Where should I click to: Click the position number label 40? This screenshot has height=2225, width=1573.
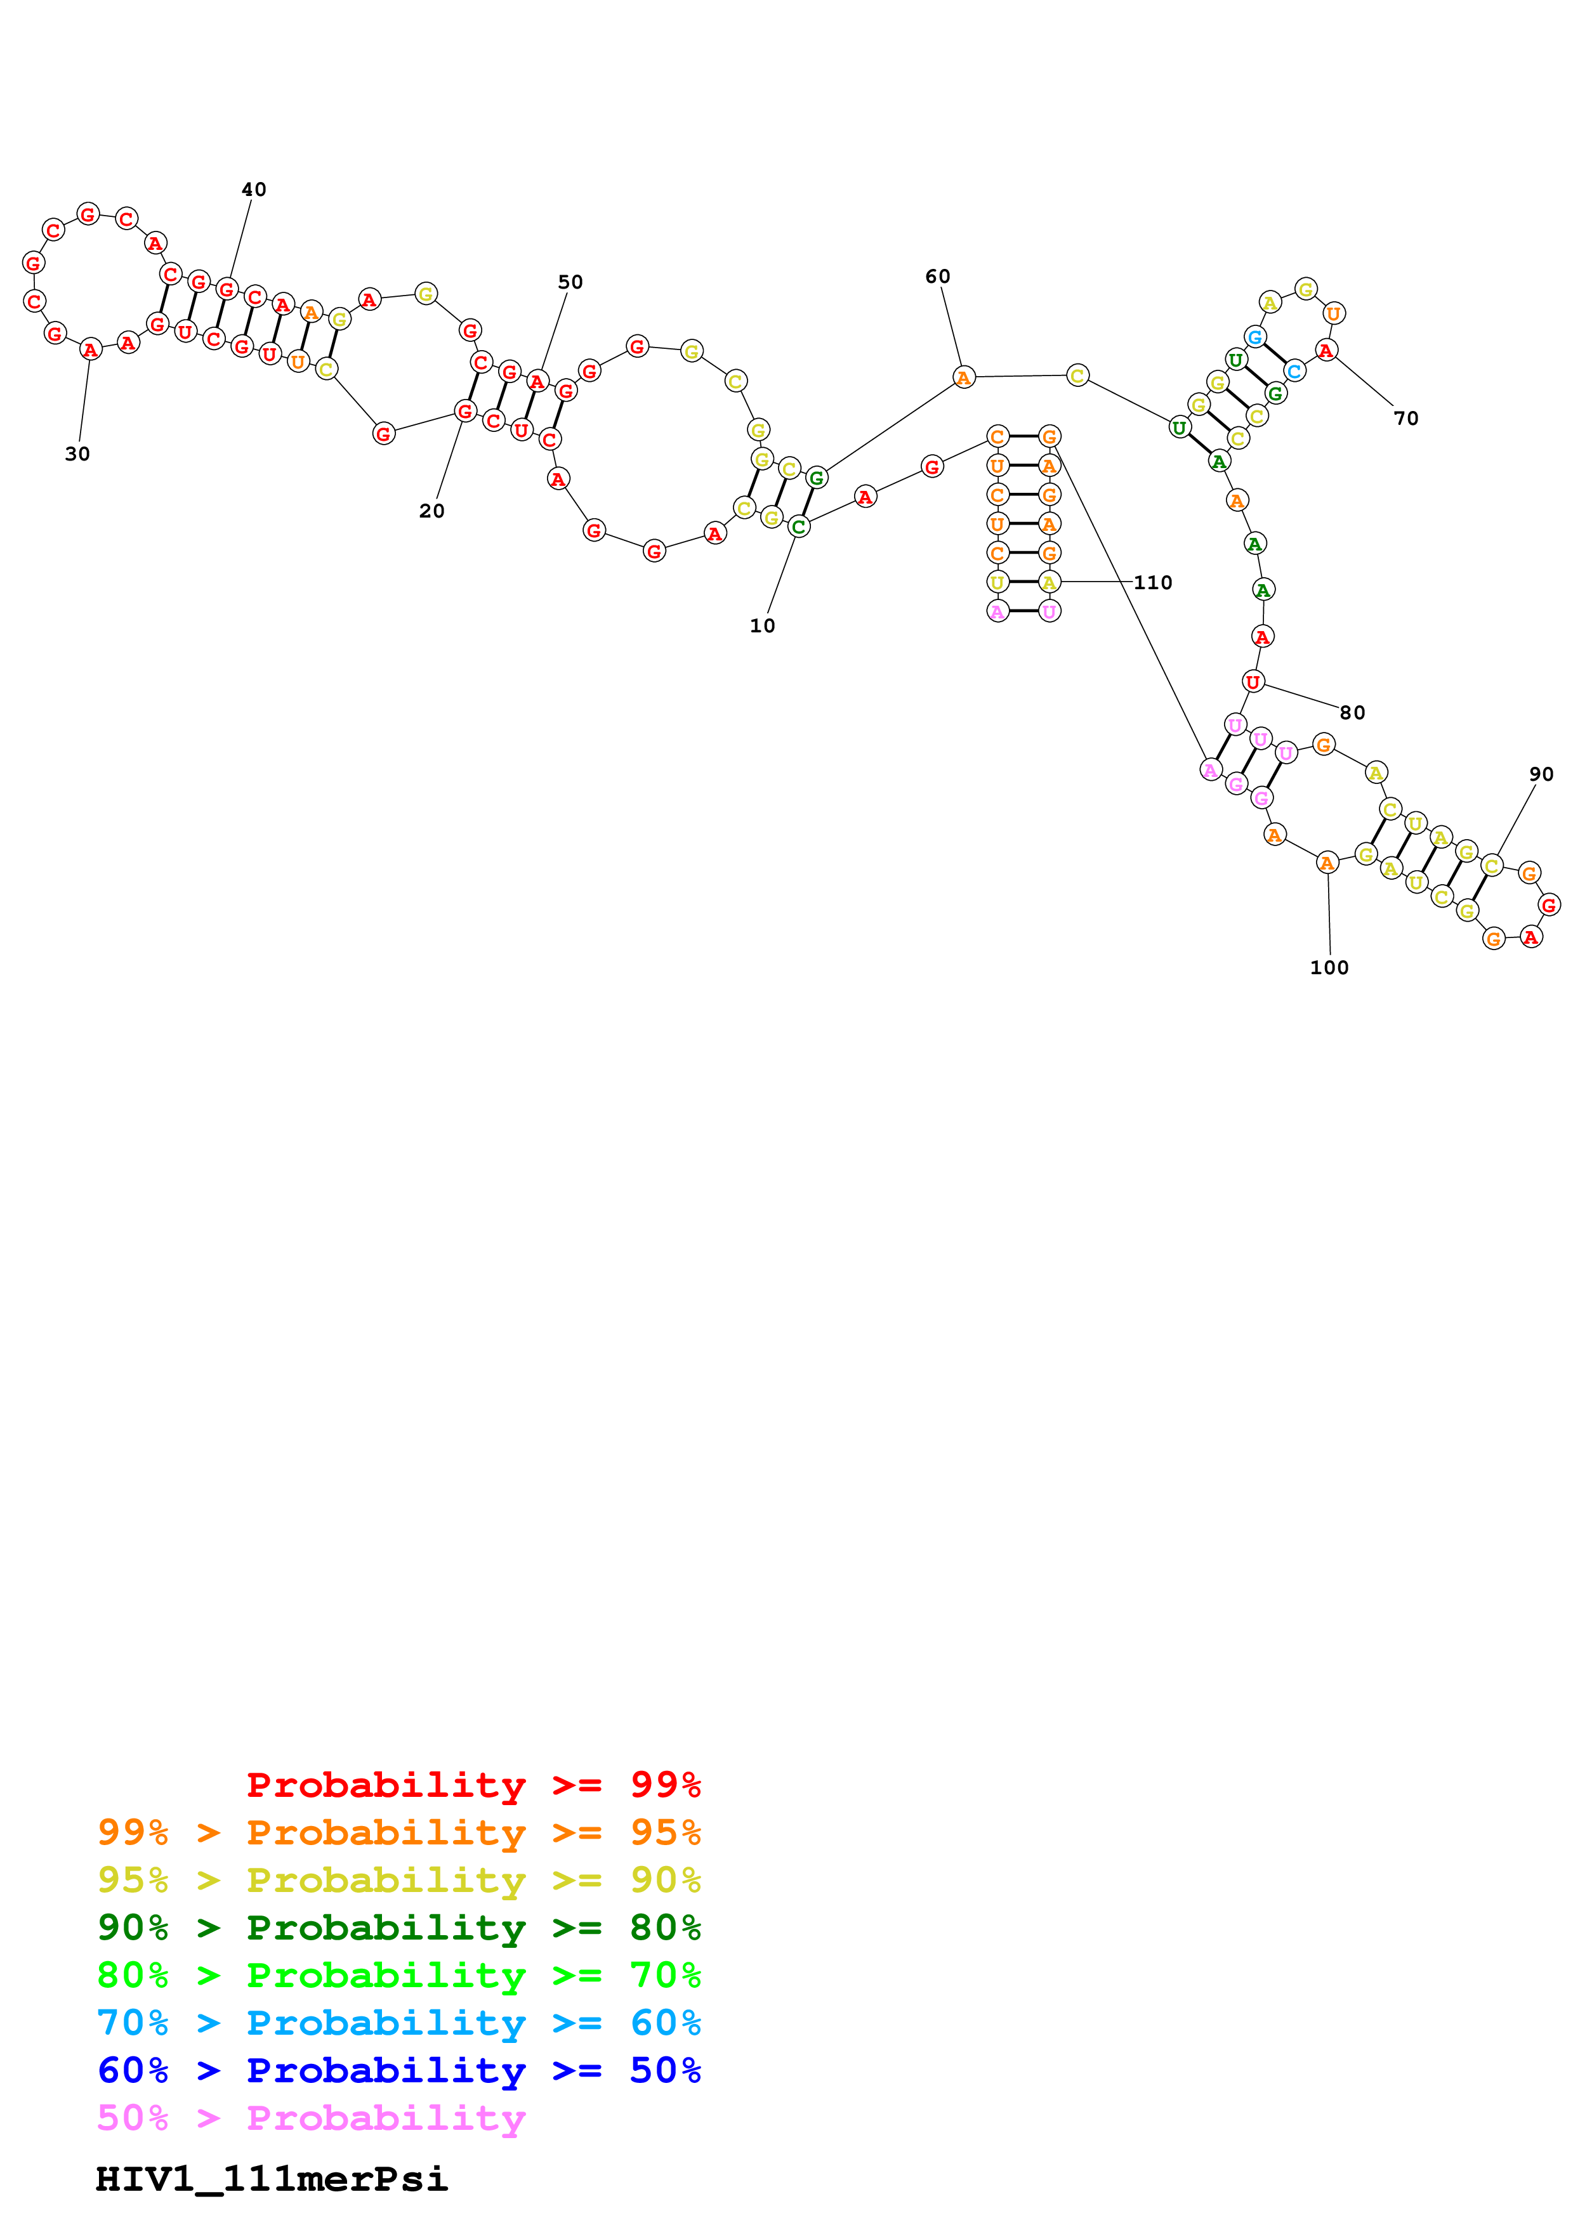tap(254, 190)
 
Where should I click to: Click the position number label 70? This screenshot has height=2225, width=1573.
tap(1405, 419)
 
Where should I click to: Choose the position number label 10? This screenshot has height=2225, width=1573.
tap(762, 626)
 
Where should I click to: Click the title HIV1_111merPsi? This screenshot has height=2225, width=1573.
tap(272, 2179)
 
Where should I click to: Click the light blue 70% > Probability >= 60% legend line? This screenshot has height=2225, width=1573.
tap(399, 2023)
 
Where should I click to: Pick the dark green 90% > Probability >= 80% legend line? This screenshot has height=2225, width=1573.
tap(399, 1928)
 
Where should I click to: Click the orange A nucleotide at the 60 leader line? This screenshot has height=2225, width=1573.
tap(963, 378)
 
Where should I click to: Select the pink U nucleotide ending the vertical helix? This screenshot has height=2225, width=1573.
tap(1049, 611)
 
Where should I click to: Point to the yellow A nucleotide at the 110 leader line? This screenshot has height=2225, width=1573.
tap(1049, 582)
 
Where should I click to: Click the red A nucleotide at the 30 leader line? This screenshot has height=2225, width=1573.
tap(90, 350)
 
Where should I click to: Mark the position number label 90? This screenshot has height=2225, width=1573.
tap(1541, 774)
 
